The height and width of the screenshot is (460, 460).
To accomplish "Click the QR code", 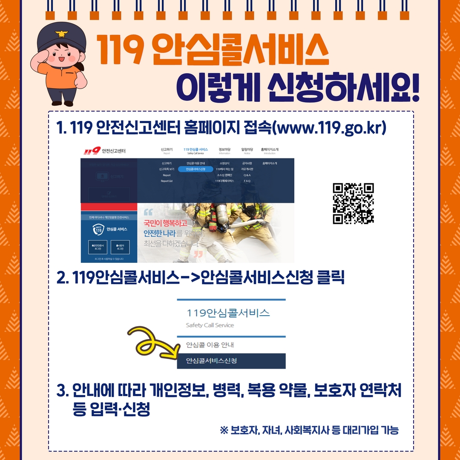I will [x=353, y=203].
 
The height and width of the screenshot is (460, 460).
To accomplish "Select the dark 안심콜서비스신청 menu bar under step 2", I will [x=231, y=361].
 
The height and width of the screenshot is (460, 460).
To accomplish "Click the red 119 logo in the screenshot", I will [x=92, y=151].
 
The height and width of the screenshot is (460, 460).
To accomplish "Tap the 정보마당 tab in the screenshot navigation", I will [x=224, y=150].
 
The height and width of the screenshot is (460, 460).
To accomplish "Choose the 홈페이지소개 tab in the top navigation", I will [x=270, y=150].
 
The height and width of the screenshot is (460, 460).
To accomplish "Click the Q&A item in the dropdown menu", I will [x=247, y=175].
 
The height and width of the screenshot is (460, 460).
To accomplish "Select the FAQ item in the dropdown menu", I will [x=247, y=181].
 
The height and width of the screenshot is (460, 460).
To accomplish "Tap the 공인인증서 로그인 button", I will [x=98, y=247].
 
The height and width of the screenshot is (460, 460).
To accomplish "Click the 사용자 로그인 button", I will [x=120, y=247].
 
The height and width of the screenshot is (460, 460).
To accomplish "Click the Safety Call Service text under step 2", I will [x=210, y=325].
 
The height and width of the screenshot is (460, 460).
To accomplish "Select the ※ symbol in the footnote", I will [x=224, y=430].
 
